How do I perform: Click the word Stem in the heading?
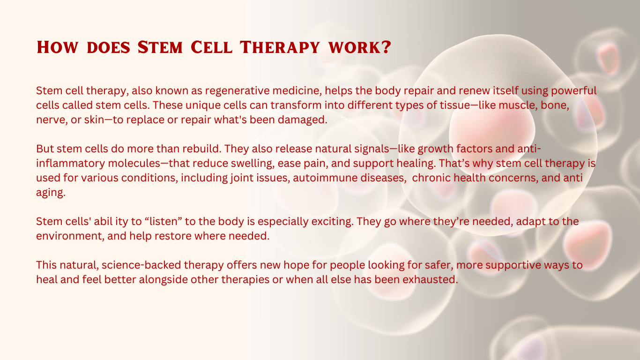(x=160, y=47)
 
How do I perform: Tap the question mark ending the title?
(x=386, y=47)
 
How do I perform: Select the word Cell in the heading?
(x=211, y=47)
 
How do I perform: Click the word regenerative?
(x=237, y=91)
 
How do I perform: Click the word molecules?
(x=134, y=163)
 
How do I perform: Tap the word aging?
(x=51, y=193)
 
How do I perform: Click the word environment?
(x=70, y=236)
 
